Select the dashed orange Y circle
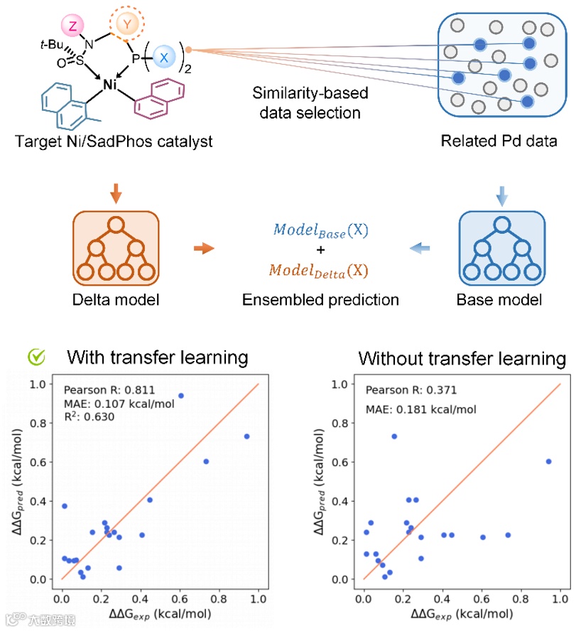(x=127, y=24)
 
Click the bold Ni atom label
(x=110, y=85)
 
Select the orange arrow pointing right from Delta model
(x=204, y=248)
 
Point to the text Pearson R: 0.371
(x=411, y=389)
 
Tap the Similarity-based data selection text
(x=306, y=103)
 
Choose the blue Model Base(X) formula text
(x=321, y=232)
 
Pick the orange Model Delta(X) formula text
(x=321, y=270)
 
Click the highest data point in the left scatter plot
(x=180, y=395)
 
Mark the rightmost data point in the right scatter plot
(x=548, y=461)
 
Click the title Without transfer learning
(x=462, y=358)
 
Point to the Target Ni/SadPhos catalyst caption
(x=114, y=141)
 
